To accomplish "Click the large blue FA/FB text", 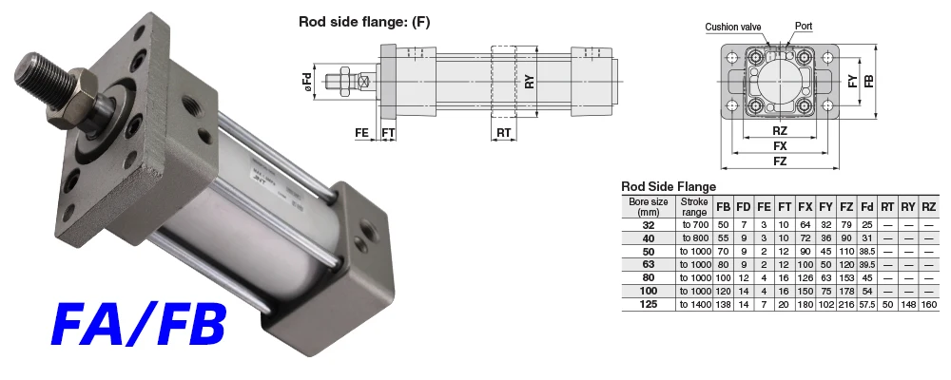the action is point(139,326).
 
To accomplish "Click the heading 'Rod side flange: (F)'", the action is point(364,23).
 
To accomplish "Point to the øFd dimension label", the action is point(307,83).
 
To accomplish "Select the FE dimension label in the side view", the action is point(362,133).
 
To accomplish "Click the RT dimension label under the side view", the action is point(503,133).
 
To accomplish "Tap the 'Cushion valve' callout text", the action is point(732,27).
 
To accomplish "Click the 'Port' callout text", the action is point(804,26).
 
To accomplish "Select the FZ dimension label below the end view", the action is point(780,161).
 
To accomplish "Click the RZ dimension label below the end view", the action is point(780,131).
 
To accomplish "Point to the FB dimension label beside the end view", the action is point(870,81).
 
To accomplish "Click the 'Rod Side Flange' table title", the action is point(669,186).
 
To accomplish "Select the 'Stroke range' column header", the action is point(694,207).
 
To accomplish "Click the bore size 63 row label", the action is point(649,264).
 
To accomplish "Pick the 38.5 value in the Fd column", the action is point(866,252).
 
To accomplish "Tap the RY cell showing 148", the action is point(908,304).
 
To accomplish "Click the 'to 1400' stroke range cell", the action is point(695,304).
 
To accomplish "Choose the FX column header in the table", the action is point(805,207).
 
